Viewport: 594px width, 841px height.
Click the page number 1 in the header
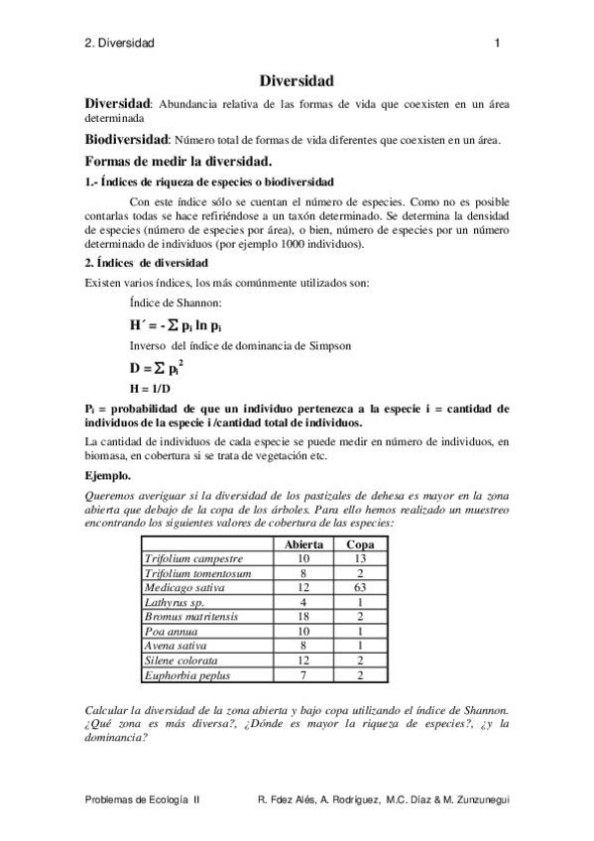pyautogui.click(x=497, y=43)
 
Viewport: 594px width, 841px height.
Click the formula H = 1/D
pyautogui.click(x=151, y=388)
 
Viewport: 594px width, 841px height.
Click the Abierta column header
pyautogui.click(x=302, y=545)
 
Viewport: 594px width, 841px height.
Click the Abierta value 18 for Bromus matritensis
pyautogui.click(x=302, y=617)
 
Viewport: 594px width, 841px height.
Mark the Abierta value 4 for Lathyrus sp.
pyautogui.click(x=302, y=602)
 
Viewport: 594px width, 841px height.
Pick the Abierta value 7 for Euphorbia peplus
pyautogui.click(x=302, y=675)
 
